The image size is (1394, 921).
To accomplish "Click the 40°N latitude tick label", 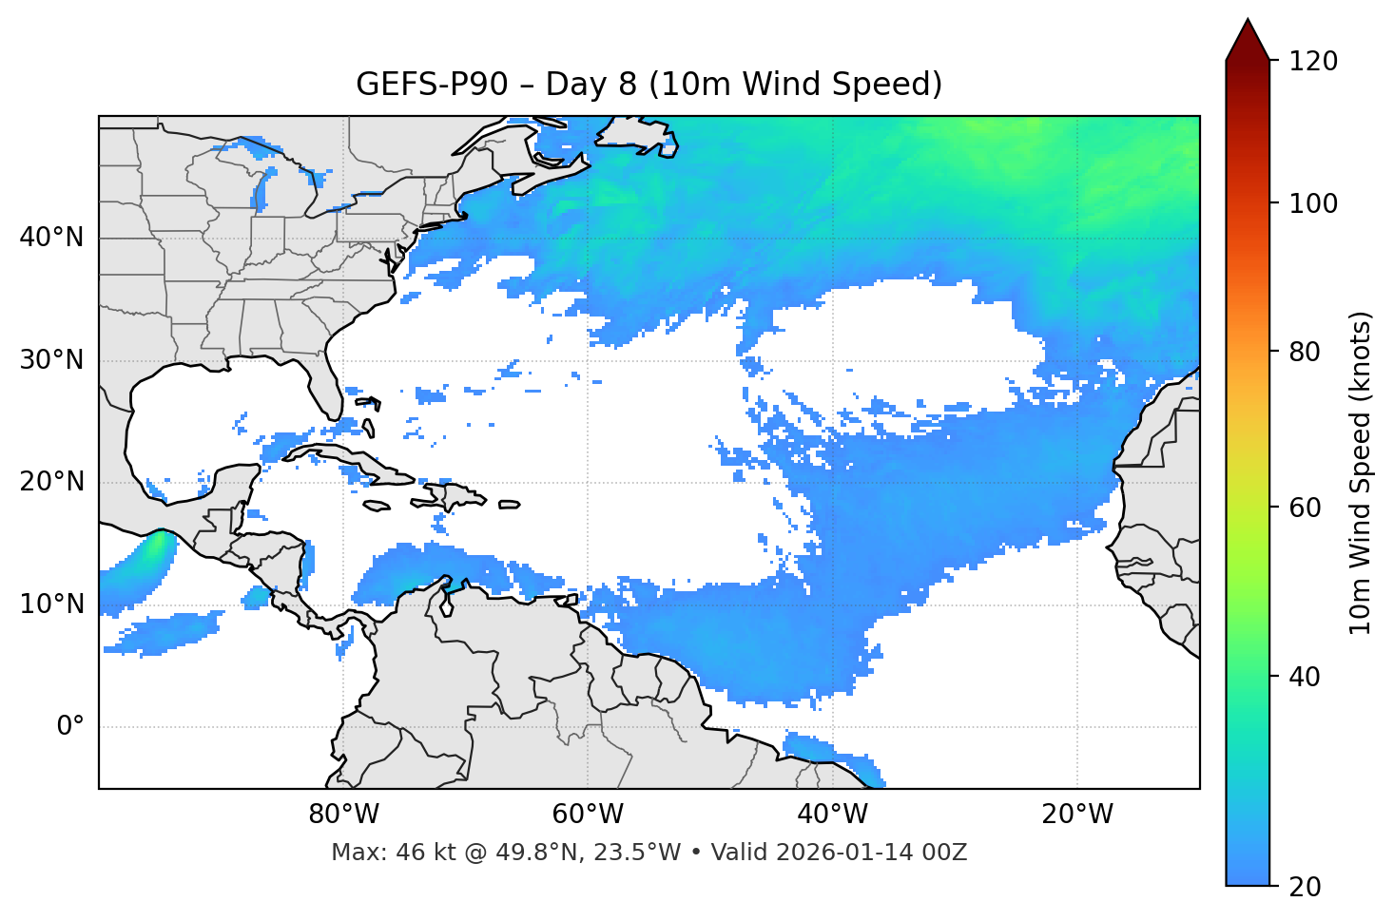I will click(51, 238).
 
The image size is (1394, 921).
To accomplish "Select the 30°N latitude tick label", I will click(51, 360).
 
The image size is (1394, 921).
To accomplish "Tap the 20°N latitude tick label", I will click(51, 482).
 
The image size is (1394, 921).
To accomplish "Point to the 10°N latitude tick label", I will click(51, 604).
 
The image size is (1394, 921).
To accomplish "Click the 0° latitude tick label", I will click(69, 727).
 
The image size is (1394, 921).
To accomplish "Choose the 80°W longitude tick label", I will click(343, 815).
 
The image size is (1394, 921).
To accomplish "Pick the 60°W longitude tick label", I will click(588, 815).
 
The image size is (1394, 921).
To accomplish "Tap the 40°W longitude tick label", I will click(832, 815).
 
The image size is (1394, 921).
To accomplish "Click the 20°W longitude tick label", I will click(1077, 815).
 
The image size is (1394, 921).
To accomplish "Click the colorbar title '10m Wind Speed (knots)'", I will click(1361, 472).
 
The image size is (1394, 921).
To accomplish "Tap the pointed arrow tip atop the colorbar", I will click(1248, 23).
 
